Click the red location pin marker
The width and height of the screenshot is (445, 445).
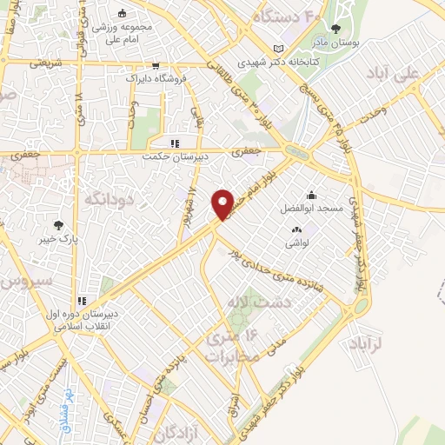coord(223,204)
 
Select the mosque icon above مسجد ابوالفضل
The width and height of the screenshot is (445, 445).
coord(311,195)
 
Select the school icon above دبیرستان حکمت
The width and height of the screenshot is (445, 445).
coord(174,143)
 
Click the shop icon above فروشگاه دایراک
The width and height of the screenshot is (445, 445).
coord(156,64)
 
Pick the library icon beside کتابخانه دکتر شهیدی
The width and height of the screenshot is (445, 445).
coord(278,48)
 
